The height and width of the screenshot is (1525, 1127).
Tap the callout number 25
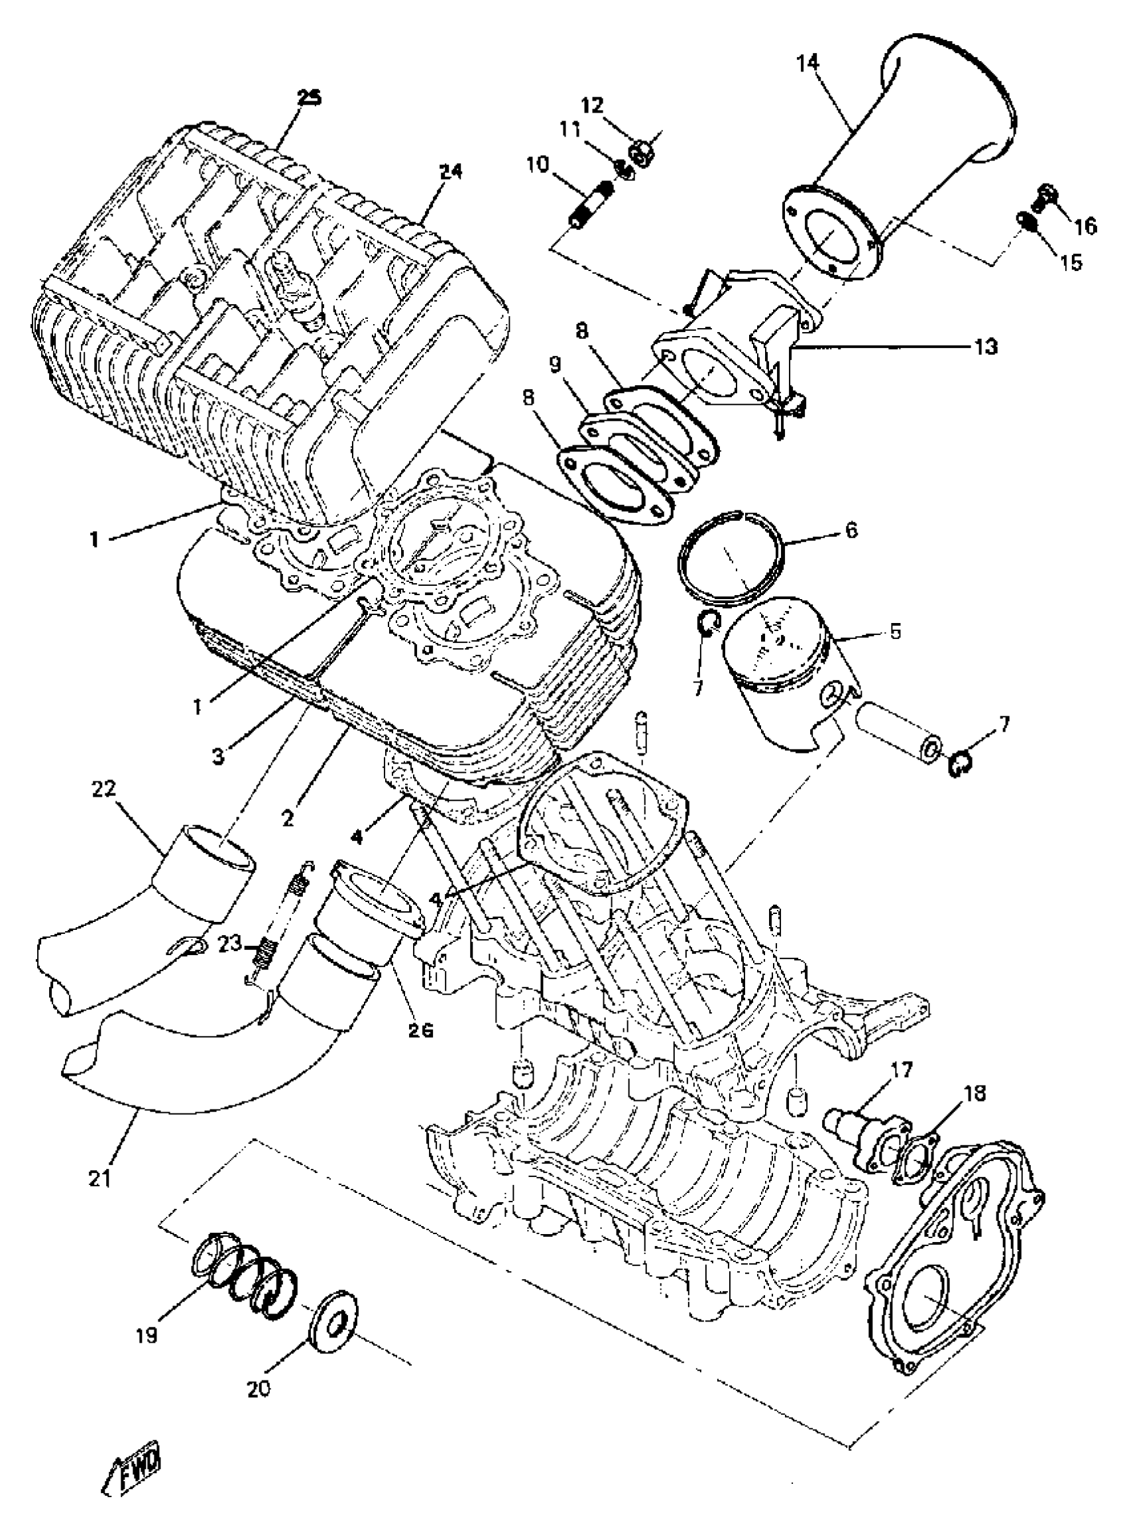(310, 97)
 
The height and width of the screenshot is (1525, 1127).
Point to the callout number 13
(986, 347)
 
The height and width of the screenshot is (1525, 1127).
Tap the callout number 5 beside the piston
(894, 632)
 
